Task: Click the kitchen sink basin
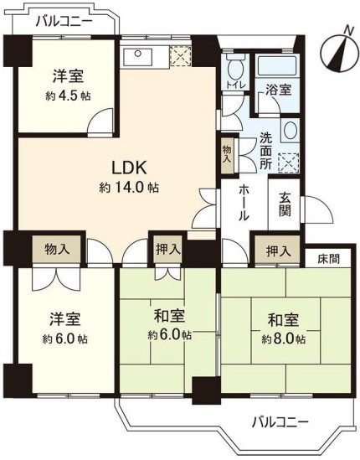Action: coord(137,57)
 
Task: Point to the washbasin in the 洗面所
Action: coord(291,130)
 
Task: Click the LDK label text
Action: coord(128,168)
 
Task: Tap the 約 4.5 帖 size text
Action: coord(68,96)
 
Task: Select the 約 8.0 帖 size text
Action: coord(284,339)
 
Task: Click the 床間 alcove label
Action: coord(329,259)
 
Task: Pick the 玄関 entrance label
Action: coord(285,204)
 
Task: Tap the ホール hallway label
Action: coord(244,203)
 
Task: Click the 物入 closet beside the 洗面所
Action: coord(228,154)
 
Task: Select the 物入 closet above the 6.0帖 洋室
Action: coord(57,250)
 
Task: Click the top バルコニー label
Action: coord(64,22)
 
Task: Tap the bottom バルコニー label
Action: coord(280,422)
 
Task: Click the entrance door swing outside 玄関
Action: coord(317,209)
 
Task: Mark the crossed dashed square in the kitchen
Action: coord(181,56)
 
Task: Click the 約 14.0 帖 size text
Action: coord(129,188)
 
